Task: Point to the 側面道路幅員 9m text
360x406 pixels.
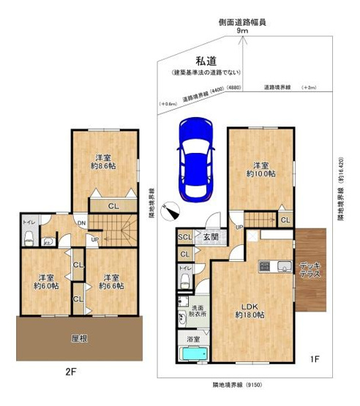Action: click(x=241, y=26)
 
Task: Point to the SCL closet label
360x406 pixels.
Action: click(x=184, y=237)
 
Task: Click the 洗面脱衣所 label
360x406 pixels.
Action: click(x=196, y=309)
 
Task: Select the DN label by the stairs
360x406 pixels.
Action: click(x=81, y=223)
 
